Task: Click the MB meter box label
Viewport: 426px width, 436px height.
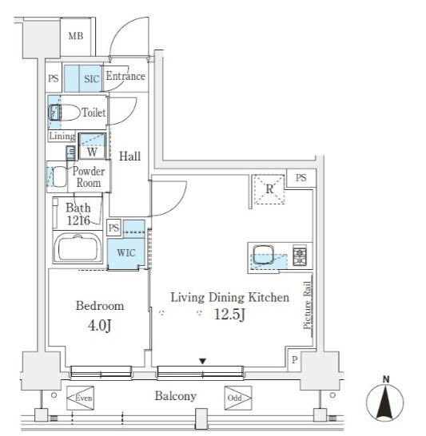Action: pos(76,36)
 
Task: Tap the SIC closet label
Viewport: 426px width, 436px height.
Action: pos(92,79)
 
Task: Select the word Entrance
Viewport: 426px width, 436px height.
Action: pos(125,76)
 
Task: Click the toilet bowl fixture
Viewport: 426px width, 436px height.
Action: pos(64,113)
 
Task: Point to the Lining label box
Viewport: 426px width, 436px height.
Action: pos(62,136)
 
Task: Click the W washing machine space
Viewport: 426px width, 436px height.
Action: pos(92,146)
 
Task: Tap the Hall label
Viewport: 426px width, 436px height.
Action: pos(129,157)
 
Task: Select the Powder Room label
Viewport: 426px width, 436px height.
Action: pos(89,176)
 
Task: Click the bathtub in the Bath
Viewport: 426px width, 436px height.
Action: pos(78,248)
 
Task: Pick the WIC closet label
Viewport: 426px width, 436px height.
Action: pos(126,253)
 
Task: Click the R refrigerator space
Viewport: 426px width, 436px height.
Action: pos(269,189)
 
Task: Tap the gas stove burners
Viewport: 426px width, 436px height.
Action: pos(300,255)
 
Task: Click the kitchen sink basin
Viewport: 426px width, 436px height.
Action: pos(263,254)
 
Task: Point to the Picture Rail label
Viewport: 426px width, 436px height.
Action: pos(307,305)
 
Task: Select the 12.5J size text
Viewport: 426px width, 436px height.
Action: pos(229,315)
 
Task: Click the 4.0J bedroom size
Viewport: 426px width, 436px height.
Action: pos(100,325)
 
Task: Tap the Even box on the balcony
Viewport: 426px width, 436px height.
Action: pos(81,398)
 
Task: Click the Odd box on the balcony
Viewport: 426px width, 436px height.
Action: pos(238,398)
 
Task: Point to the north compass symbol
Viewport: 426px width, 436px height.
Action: pos(385,400)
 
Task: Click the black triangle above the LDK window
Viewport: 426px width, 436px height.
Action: pos(202,361)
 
